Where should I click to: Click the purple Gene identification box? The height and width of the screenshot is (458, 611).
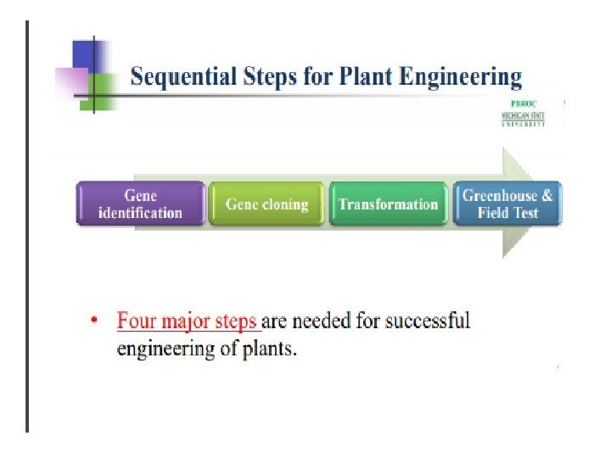[141, 204]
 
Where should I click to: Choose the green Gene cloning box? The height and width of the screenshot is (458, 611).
[266, 204]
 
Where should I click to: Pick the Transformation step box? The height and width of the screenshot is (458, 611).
[388, 204]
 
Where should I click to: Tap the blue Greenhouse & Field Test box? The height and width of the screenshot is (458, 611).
[507, 204]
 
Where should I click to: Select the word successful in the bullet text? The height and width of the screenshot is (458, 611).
[427, 321]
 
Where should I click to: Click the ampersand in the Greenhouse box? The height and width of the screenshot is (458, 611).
[547, 196]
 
